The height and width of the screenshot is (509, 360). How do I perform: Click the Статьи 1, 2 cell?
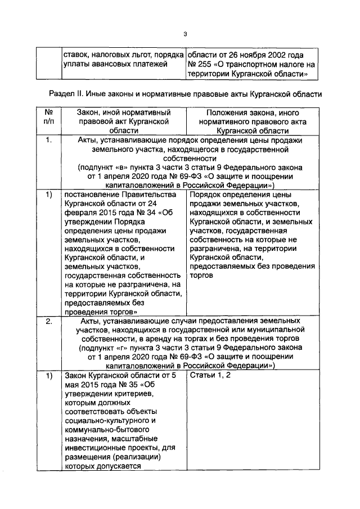pyautogui.click(x=209, y=376)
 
